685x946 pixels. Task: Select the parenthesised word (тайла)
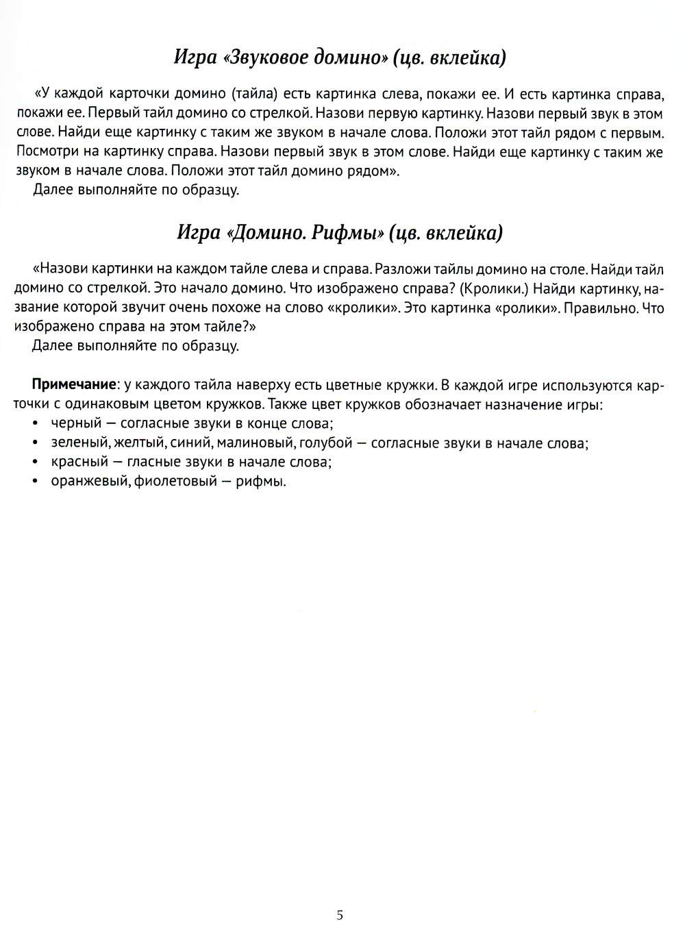click(252, 93)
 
